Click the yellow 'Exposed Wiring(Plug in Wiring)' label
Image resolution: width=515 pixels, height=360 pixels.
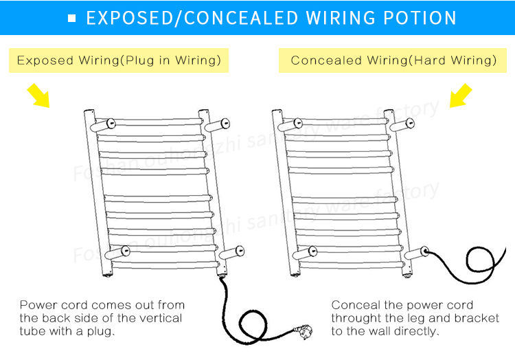pyautogui.click(x=119, y=60)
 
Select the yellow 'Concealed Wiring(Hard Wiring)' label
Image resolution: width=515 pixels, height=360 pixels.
pyautogui.click(x=393, y=60)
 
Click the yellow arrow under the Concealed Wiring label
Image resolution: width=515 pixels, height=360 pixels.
pyautogui.click(x=461, y=95)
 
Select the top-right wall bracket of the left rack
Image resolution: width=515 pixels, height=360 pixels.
pyautogui.click(x=217, y=124)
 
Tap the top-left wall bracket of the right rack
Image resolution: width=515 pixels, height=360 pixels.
pyautogui.click(x=290, y=124)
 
